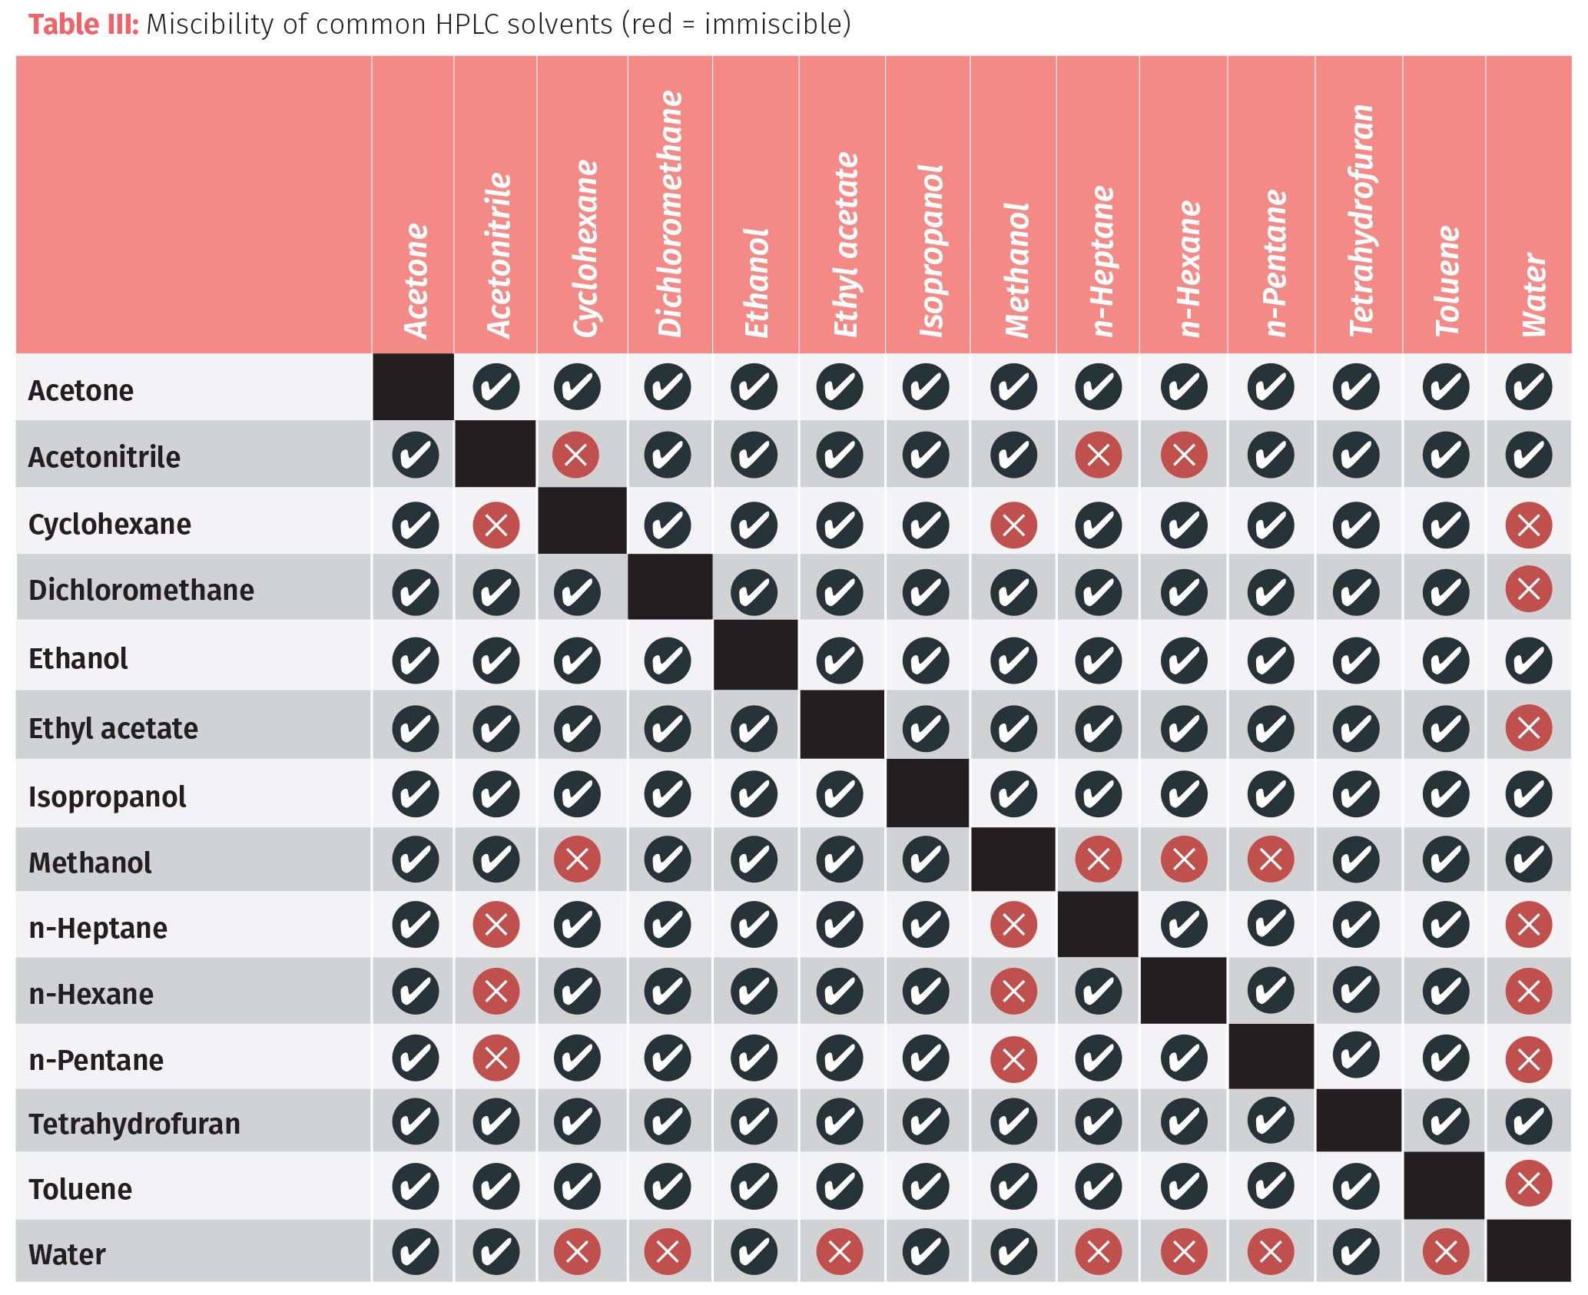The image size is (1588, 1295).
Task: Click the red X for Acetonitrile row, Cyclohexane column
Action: pos(575,455)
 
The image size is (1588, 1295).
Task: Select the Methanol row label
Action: pos(90,863)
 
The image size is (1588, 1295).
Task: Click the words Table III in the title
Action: pos(83,25)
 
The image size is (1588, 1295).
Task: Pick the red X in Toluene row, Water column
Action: pos(1528,1183)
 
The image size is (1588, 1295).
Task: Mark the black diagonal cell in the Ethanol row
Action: pos(756,655)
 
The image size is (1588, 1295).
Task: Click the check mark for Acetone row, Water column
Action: pos(1528,387)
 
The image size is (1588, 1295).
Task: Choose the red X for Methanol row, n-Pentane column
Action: pos(1271,859)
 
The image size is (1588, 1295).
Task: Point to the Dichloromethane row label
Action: pos(141,590)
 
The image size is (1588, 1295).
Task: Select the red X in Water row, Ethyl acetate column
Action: pos(840,1252)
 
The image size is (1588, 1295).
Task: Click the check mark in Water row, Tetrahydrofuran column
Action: pos(1357,1252)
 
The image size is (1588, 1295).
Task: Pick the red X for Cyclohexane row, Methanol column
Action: pos(1013,525)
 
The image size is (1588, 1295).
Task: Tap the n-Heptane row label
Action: pos(98,928)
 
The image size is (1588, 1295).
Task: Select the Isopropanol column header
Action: pos(930,250)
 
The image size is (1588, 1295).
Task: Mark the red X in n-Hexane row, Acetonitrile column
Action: pos(496,991)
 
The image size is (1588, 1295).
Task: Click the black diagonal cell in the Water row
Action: pos(1528,1250)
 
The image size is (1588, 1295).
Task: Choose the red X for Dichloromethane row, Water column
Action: pos(1528,589)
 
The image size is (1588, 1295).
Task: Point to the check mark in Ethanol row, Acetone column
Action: pos(415,660)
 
